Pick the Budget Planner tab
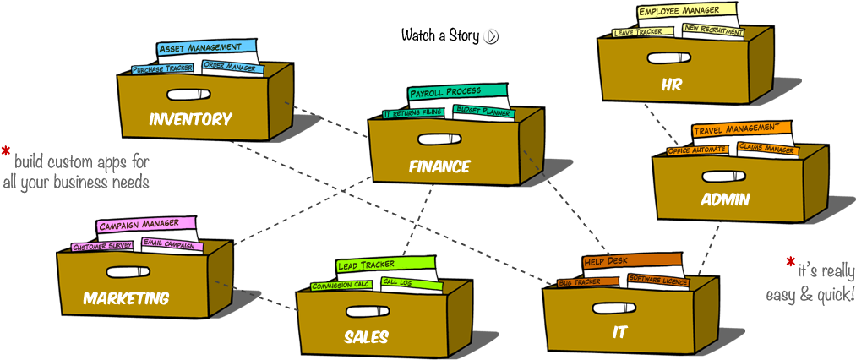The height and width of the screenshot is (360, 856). point(480,110)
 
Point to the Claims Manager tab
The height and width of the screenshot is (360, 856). point(767,148)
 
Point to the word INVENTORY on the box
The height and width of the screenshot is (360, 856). point(189,119)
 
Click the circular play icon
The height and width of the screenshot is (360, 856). point(491,36)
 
